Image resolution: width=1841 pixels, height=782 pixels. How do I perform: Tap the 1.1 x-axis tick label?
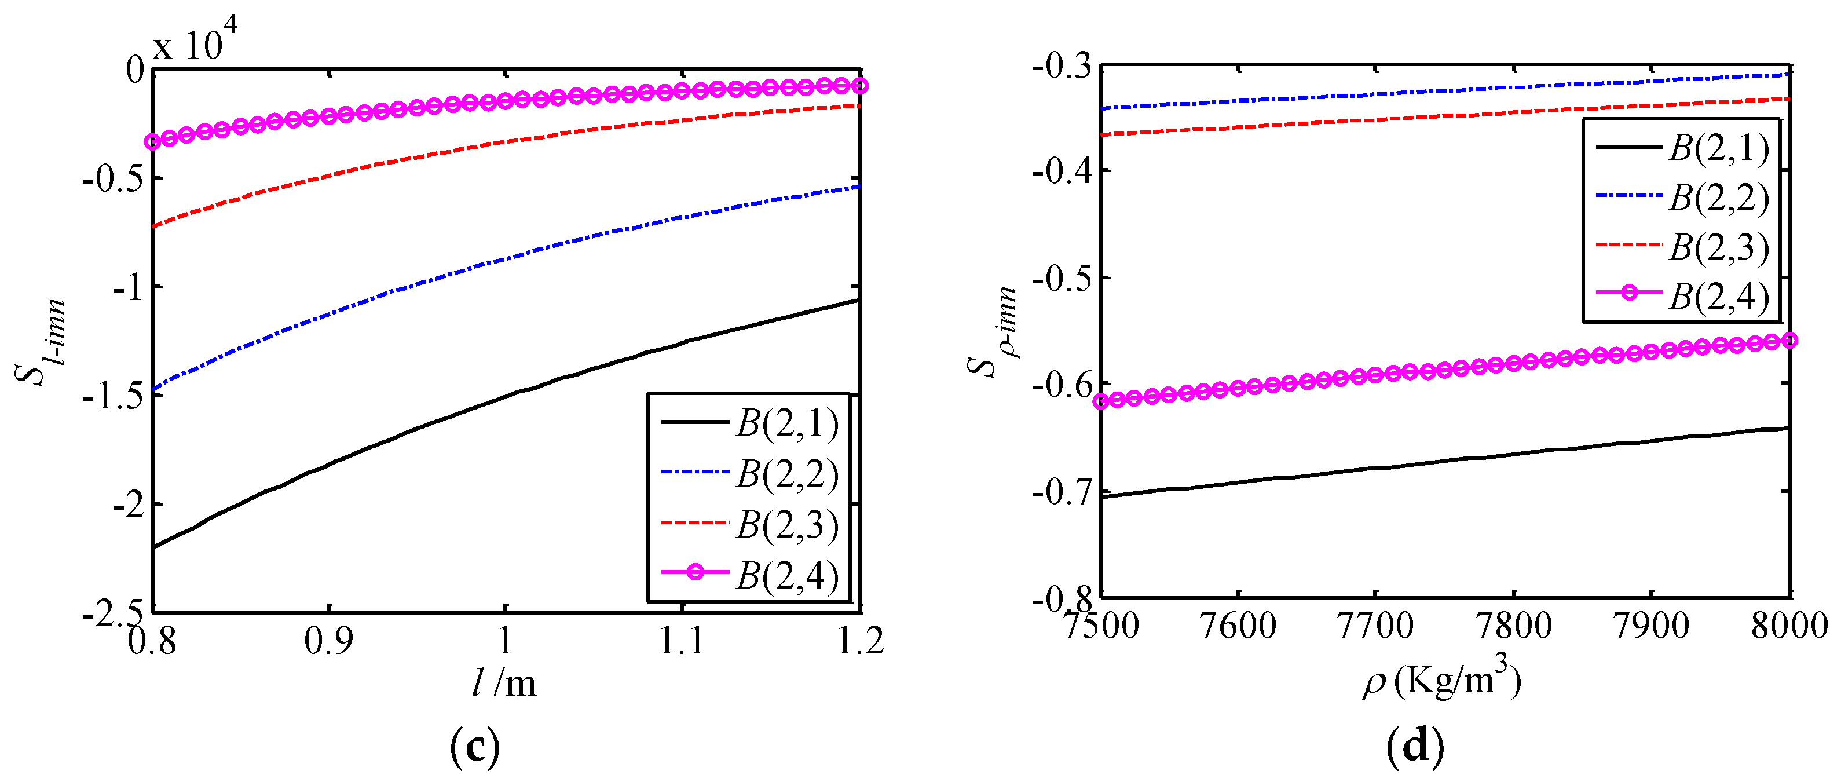coord(681,641)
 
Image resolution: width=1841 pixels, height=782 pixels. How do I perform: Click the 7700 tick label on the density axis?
coord(1374,626)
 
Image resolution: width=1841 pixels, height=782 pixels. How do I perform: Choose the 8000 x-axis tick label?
coord(1789,626)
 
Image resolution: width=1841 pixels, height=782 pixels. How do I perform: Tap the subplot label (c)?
coord(475,747)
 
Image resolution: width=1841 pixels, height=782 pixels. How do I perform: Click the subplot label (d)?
coord(1415,747)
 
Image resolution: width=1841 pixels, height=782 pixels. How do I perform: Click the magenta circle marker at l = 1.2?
coord(861,86)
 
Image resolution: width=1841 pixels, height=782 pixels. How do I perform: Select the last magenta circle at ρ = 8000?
coord(1789,340)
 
